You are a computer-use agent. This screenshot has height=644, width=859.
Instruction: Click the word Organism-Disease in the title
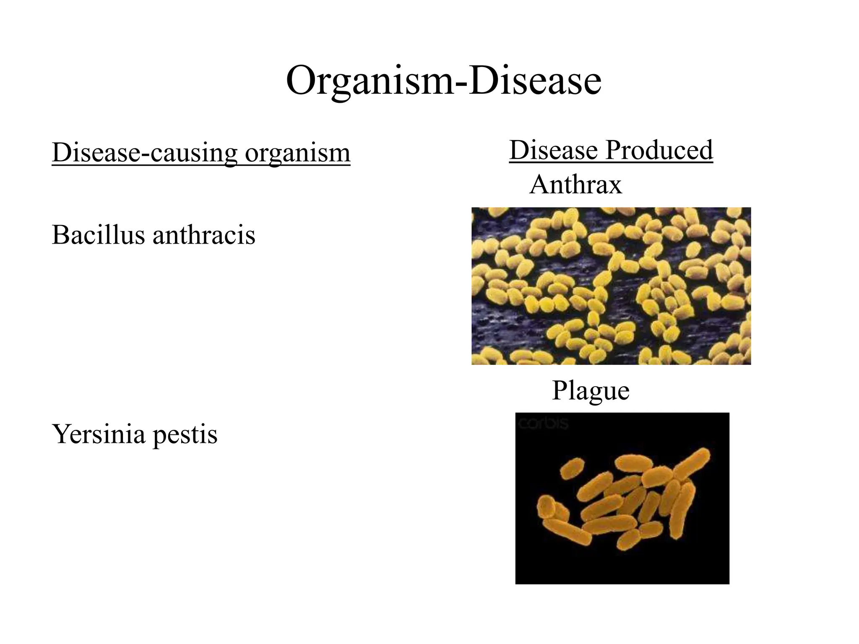click(443, 80)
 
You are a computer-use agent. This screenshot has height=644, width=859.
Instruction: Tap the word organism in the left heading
click(297, 153)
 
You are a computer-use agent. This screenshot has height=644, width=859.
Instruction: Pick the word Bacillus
click(98, 234)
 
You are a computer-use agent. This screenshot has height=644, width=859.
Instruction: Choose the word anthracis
click(204, 234)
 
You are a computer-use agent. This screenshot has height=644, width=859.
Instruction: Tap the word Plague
click(591, 391)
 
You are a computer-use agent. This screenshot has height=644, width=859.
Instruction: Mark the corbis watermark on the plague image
click(543, 423)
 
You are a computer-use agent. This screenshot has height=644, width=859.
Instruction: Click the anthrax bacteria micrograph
click(611, 286)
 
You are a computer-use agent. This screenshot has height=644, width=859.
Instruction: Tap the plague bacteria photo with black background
click(622, 498)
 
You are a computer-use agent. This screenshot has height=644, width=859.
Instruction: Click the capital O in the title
click(300, 80)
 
